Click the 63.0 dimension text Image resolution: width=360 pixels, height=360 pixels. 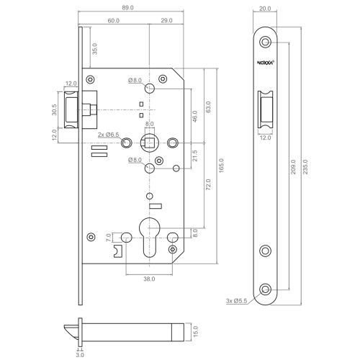coord(209,107)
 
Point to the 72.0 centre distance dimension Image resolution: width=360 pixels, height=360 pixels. coord(209,186)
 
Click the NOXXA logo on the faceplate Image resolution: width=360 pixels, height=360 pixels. coord(266,63)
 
